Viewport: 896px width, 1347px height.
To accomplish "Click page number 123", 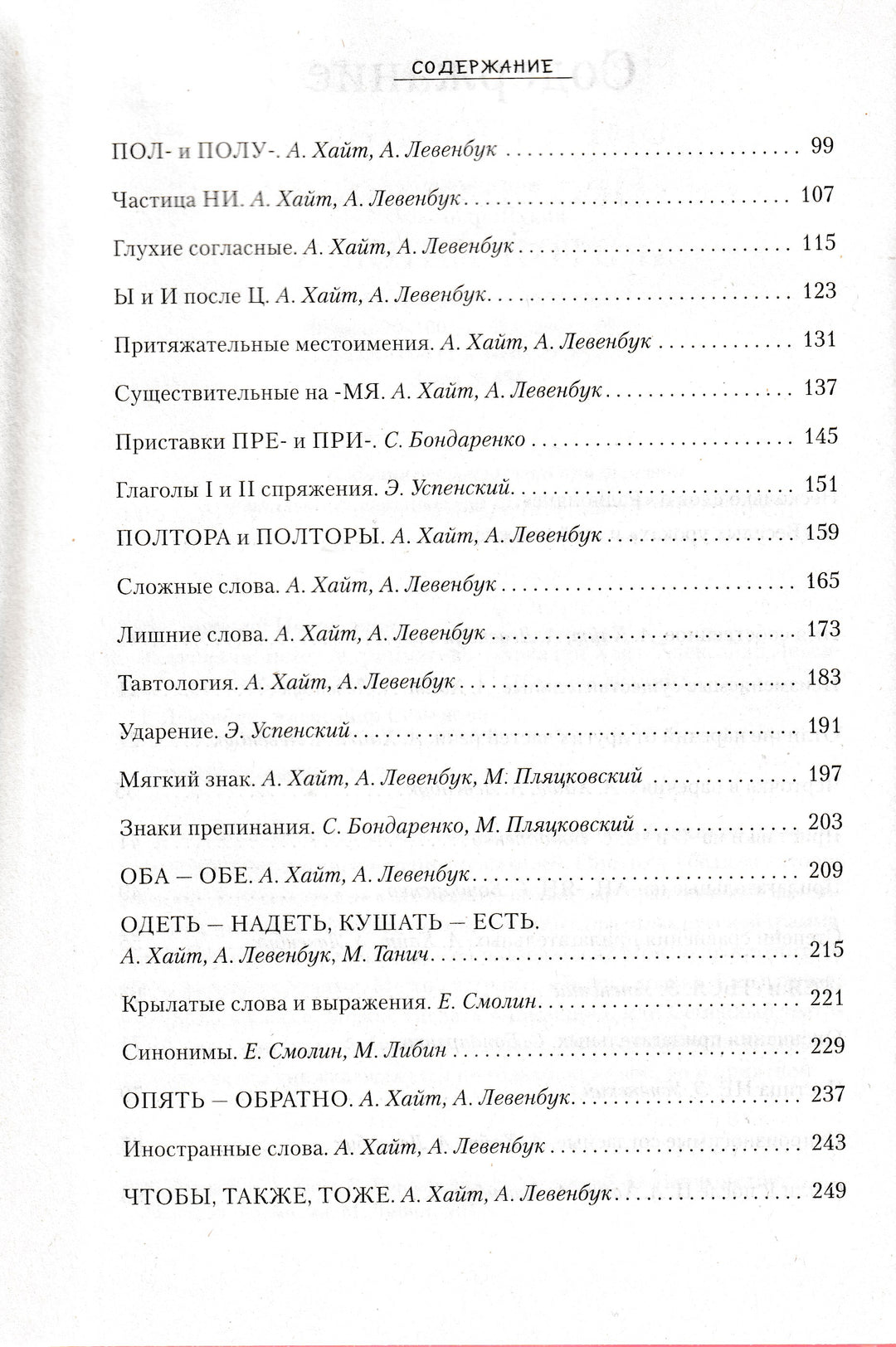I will coord(820,291).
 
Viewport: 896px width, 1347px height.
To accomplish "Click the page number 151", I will coord(821,484).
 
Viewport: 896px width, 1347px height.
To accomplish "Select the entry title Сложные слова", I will coord(197,586).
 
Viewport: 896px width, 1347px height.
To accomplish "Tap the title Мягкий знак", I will coord(187,779).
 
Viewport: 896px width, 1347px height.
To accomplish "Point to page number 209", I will coord(825,870).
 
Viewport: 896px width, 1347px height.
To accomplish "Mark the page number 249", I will coord(828,1190).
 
